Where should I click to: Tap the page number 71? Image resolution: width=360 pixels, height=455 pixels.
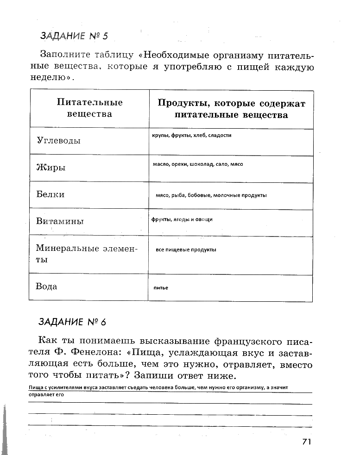(x=306, y=442)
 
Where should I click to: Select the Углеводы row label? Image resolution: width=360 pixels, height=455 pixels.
(x=58, y=141)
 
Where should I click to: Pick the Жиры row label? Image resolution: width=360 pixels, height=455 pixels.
(x=50, y=168)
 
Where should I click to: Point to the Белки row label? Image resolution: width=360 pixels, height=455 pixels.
(x=50, y=194)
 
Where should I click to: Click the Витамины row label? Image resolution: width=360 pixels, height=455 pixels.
(x=60, y=221)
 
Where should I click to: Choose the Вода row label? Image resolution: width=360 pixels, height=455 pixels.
(x=46, y=287)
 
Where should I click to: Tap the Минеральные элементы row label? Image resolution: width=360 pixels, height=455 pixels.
(x=87, y=254)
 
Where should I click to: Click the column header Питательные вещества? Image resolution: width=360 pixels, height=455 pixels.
(x=89, y=108)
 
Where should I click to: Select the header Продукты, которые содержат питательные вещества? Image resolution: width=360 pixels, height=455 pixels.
(x=231, y=109)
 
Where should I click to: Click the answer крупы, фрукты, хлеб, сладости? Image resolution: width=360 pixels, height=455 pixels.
(x=191, y=136)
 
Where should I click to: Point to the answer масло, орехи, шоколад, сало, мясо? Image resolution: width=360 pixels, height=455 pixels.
(x=198, y=164)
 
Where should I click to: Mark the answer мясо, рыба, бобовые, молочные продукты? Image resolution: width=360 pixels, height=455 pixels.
(x=211, y=195)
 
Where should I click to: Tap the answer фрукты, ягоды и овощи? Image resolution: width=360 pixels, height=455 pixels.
(x=182, y=219)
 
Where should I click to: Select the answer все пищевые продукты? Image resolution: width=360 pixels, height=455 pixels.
(x=186, y=250)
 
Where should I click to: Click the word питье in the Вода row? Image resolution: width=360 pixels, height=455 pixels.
(x=161, y=288)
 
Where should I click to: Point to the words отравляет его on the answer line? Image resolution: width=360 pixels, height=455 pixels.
(x=46, y=395)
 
